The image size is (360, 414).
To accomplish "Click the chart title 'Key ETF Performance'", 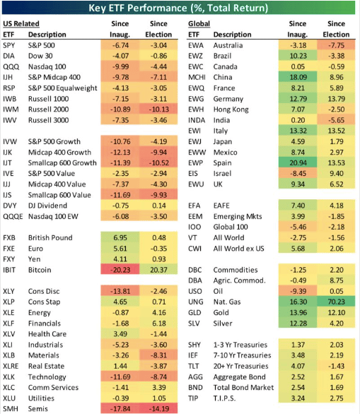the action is click(137, 8).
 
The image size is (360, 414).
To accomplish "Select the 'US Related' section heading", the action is click(21, 24).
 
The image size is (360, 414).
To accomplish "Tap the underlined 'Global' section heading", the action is click(199, 24).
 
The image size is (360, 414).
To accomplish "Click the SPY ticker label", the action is click(9, 45).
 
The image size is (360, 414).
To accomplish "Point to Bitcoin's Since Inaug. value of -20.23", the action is click(120, 270).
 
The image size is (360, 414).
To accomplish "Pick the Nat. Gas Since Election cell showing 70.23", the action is click(337, 302).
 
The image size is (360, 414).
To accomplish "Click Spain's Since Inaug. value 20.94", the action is click(298, 163).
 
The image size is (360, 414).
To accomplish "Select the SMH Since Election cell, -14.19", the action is click(159, 409).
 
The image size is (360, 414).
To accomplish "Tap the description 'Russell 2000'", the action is click(48, 110).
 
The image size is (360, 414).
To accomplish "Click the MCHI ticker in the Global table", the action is click(197, 77).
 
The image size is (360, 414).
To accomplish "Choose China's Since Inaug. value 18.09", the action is click(298, 77).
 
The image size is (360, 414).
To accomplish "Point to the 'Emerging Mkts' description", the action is click(238, 216).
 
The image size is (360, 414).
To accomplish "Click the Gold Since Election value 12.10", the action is click(337, 312).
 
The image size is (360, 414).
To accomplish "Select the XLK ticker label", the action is click(8, 377).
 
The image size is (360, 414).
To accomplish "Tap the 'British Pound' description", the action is click(50, 237).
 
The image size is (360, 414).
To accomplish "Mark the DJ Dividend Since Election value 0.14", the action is click(159, 206).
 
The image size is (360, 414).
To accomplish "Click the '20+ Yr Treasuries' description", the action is click(240, 366).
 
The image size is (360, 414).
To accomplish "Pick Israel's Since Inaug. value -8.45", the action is click(298, 174).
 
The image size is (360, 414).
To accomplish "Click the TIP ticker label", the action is click(193, 398).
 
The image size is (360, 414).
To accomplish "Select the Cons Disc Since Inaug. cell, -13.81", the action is click(120, 291).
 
